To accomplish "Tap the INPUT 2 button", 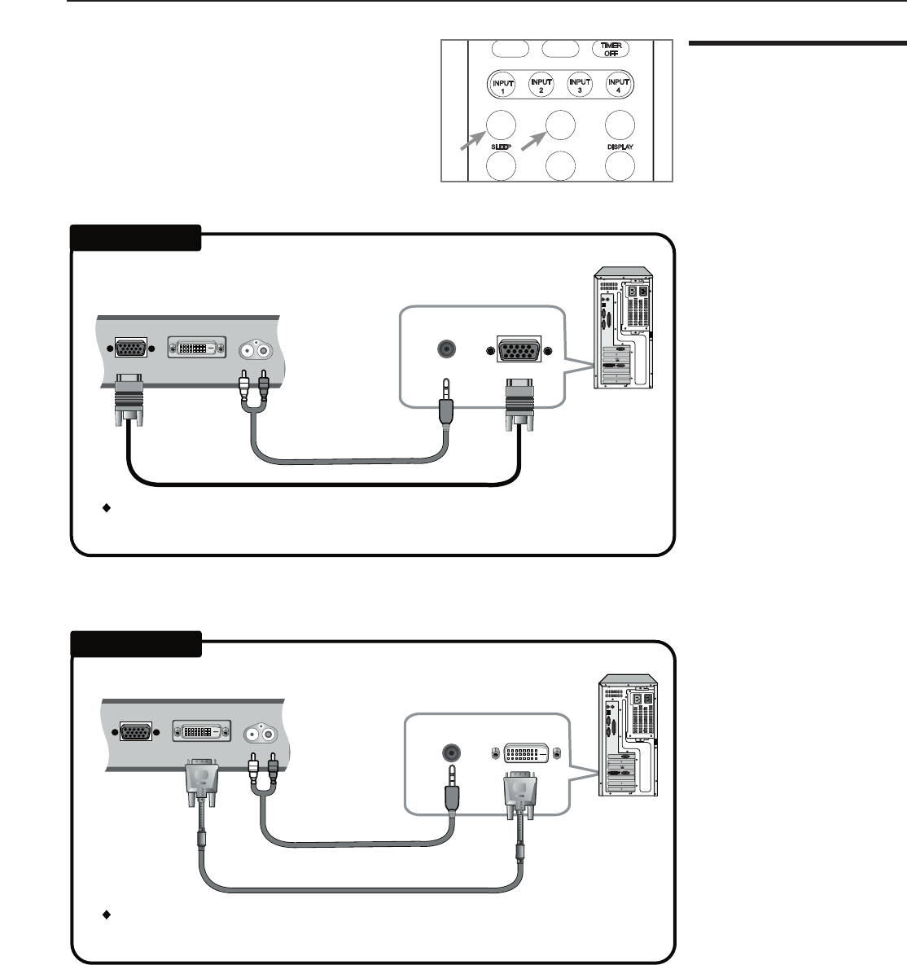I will click(x=541, y=84).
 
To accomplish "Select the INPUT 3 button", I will click(x=580, y=84).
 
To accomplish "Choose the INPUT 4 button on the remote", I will click(x=620, y=84).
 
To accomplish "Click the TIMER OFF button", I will click(x=611, y=49).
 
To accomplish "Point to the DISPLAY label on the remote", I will click(x=619, y=147).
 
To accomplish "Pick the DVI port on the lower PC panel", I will click(x=523, y=753).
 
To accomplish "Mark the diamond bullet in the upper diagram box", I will click(x=105, y=508).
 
